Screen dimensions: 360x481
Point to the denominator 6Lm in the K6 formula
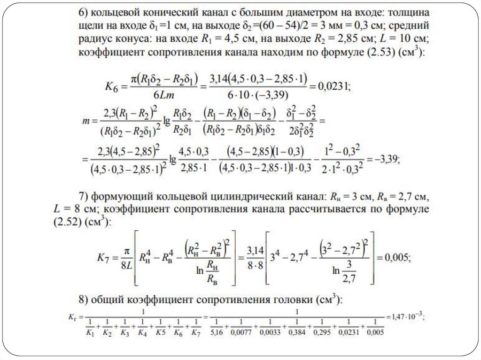pos(163,94)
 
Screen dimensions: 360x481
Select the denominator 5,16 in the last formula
pos(217,333)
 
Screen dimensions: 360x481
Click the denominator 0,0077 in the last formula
pos(241,333)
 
